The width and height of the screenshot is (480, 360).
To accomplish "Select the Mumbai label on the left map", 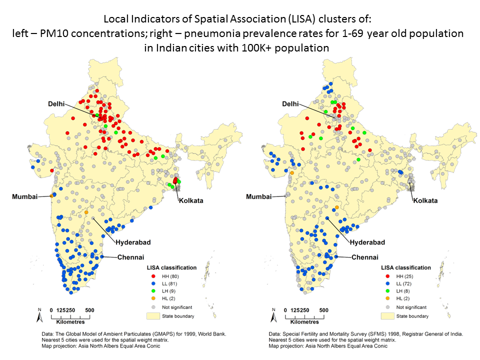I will pyautogui.click(x=25, y=196).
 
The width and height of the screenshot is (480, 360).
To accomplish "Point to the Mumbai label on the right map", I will pyautogui.click(x=259, y=196).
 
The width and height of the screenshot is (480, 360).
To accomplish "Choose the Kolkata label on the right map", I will pyautogui.click(x=424, y=200).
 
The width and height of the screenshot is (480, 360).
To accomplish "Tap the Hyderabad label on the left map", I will pyautogui.click(x=133, y=242).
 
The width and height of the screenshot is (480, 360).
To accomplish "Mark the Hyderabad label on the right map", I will pyautogui.click(x=367, y=242).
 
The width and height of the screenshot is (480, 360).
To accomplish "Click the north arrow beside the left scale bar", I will pyautogui.click(x=39, y=316).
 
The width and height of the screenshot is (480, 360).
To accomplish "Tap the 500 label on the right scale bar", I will pyautogui.click(x=324, y=310).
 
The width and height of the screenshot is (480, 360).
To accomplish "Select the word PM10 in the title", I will pyautogui.click(x=60, y=34).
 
